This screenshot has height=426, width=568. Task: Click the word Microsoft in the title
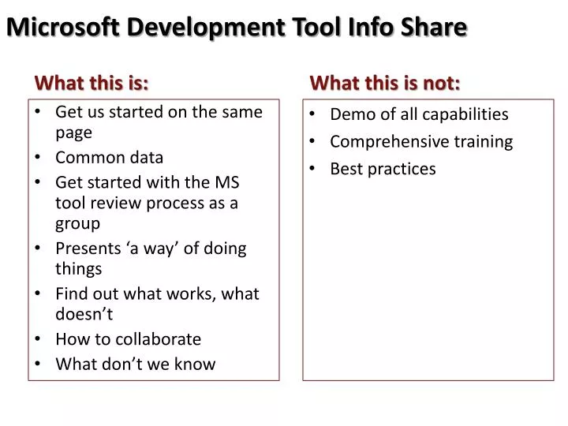coord(63,27)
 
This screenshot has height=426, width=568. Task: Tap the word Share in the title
coord(432,27)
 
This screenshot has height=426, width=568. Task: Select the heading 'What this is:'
coord(92,83)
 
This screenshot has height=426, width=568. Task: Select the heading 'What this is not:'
coord(385,83)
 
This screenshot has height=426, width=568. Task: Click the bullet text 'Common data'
coord(109,157)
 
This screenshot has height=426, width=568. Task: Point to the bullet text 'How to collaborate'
coord(128,339)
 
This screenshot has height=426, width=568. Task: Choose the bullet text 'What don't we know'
coord(135,364)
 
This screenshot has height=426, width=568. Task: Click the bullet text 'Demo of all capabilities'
coord(419,114)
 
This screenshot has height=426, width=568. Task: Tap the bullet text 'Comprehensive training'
coord(421,142)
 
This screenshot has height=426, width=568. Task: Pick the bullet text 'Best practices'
coord(383,169)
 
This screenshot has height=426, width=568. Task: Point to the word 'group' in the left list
coord(77,224)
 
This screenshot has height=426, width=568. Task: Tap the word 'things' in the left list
coord(78,269)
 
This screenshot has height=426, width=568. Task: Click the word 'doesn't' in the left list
coord(84,315)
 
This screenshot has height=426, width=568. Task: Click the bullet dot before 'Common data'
coord(38,157)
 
